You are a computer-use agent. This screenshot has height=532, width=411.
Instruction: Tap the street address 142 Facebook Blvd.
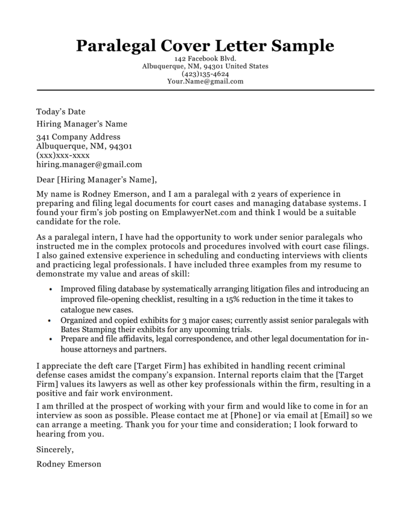pos(205,59)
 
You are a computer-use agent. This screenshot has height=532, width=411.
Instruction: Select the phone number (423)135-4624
pos(205,74)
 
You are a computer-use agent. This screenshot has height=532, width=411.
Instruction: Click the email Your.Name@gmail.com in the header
pos(205,81)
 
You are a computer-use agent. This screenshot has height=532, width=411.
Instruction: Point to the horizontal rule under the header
pos(205,90)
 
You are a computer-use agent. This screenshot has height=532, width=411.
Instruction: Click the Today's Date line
pos(61,112)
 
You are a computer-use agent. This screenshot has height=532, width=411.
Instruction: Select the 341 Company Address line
pos(78,137)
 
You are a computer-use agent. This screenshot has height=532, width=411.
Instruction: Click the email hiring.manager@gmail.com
pos(89,164)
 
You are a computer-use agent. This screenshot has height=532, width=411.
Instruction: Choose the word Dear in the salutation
pos(46,179)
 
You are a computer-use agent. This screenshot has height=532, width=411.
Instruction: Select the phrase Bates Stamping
pos(88,329)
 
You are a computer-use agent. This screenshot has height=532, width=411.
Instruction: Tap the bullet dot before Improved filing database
pos(50,290)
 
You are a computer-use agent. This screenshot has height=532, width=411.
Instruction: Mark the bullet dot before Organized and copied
pos(50,321)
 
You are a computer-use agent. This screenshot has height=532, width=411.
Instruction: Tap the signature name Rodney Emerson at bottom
pos(69,464)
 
